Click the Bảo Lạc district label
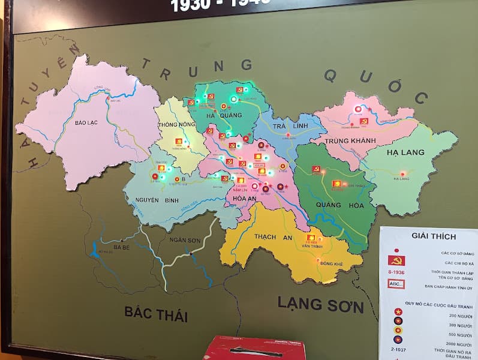(x=86, y=122)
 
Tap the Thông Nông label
(x=173, y=125)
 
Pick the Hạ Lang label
(x=405, y=152)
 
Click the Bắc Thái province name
(x=156, y=313)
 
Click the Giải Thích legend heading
(x=425, y=236)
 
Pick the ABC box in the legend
(x=396, y=284)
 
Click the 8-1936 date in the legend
(x=396, y=272)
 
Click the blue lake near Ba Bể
(x=94, y=250)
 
